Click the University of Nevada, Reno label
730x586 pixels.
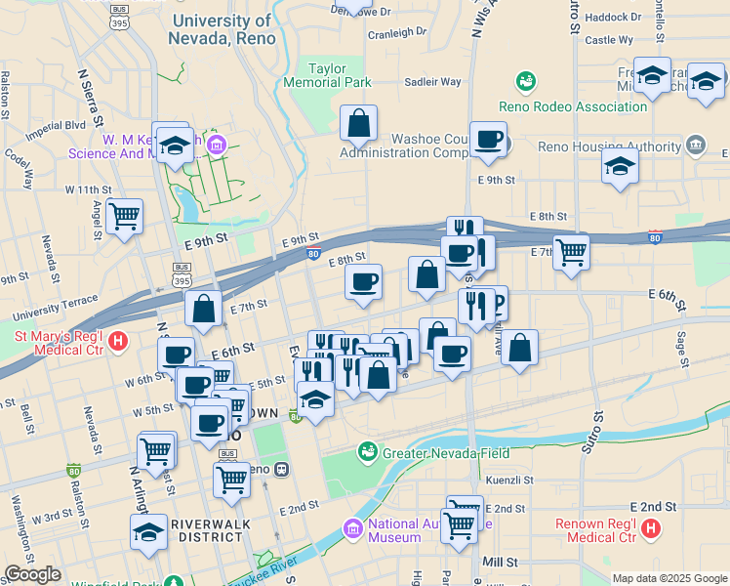click(222, 29)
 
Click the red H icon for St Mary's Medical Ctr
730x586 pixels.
click(118, 342)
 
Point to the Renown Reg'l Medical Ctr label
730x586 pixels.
click(595, 529)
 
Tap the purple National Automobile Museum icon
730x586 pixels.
click(353, 528)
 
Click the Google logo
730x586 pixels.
click(32, 574)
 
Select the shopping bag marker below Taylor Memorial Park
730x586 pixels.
click(358, 124)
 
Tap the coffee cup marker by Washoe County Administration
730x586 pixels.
click(488, 139)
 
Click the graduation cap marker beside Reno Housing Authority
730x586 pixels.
click(620, 166)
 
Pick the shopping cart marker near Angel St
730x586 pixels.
click(124, 216)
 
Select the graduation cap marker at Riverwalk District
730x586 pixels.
click(148, 532)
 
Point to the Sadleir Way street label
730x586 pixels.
click(432, 82)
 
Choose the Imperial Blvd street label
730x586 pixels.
click(56, 126)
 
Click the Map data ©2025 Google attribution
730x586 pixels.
click(669, 578)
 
